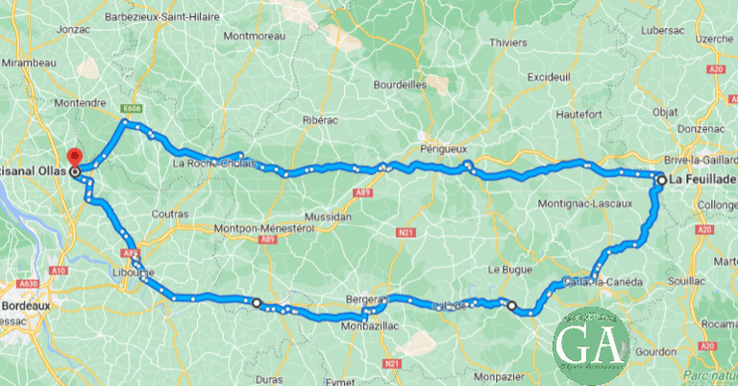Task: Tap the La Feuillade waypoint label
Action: [702, 180]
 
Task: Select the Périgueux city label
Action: [443, 149]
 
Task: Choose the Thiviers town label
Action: [508, 43]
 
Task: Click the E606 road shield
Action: [132, 109]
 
